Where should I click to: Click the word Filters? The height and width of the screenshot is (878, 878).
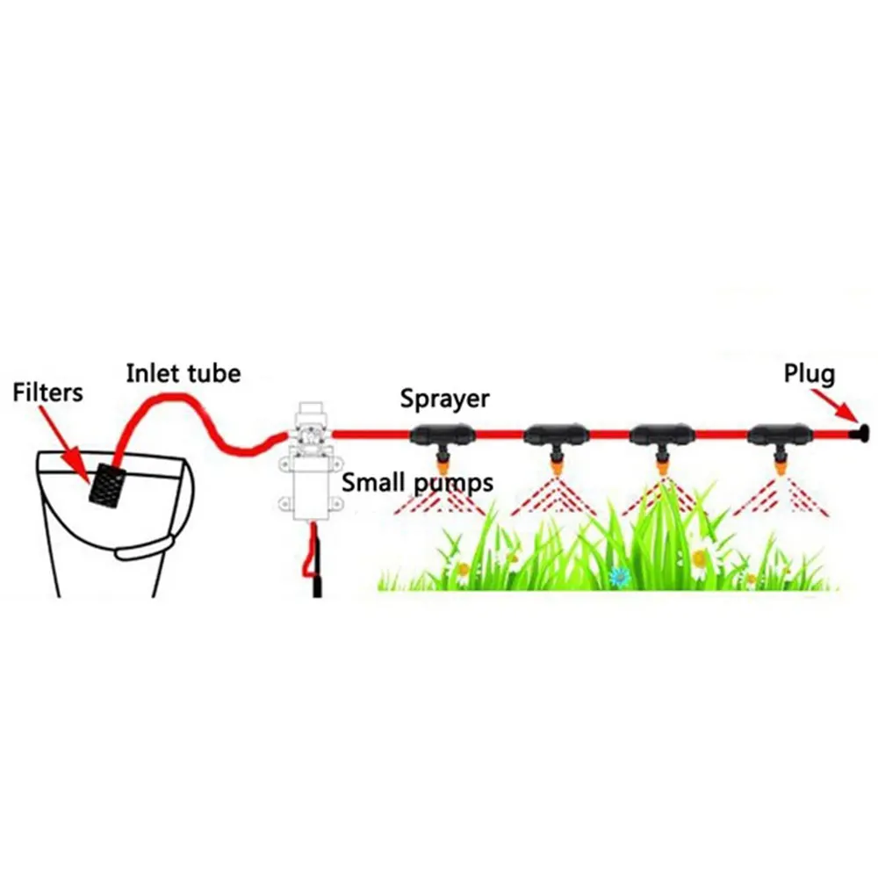(47, 393)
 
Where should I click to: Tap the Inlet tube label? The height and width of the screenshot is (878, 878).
(184, 373)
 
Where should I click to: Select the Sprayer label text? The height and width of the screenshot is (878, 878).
(444, 399)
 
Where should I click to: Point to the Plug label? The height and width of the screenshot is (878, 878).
(810, 374)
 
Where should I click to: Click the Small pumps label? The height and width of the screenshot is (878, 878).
(418, 483)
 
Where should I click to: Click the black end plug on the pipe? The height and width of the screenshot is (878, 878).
(860, 432)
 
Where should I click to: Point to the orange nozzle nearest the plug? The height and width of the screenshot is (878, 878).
(779, 464)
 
